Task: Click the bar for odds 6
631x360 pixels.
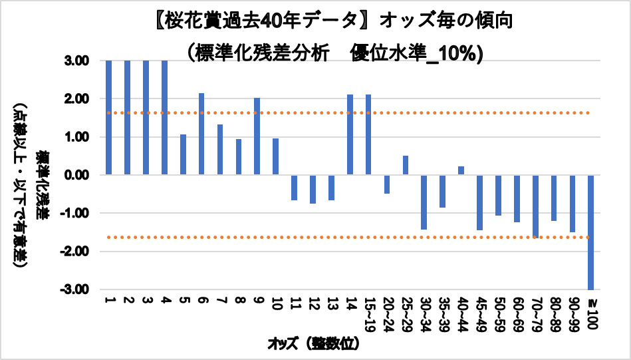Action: pyautogui.click(x=201, y=134)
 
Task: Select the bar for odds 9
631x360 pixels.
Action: pyautogui.click(x=257, y=136)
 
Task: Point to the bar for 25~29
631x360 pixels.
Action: pyautogui.click(x=406, y=165)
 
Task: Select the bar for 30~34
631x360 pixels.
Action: pyautogui.click(x=424, y=202)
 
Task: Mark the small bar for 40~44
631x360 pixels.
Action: pyautogui.click(x=461, y=170)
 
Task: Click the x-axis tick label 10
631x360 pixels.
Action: pyautogui.click(x=275, y=303)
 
